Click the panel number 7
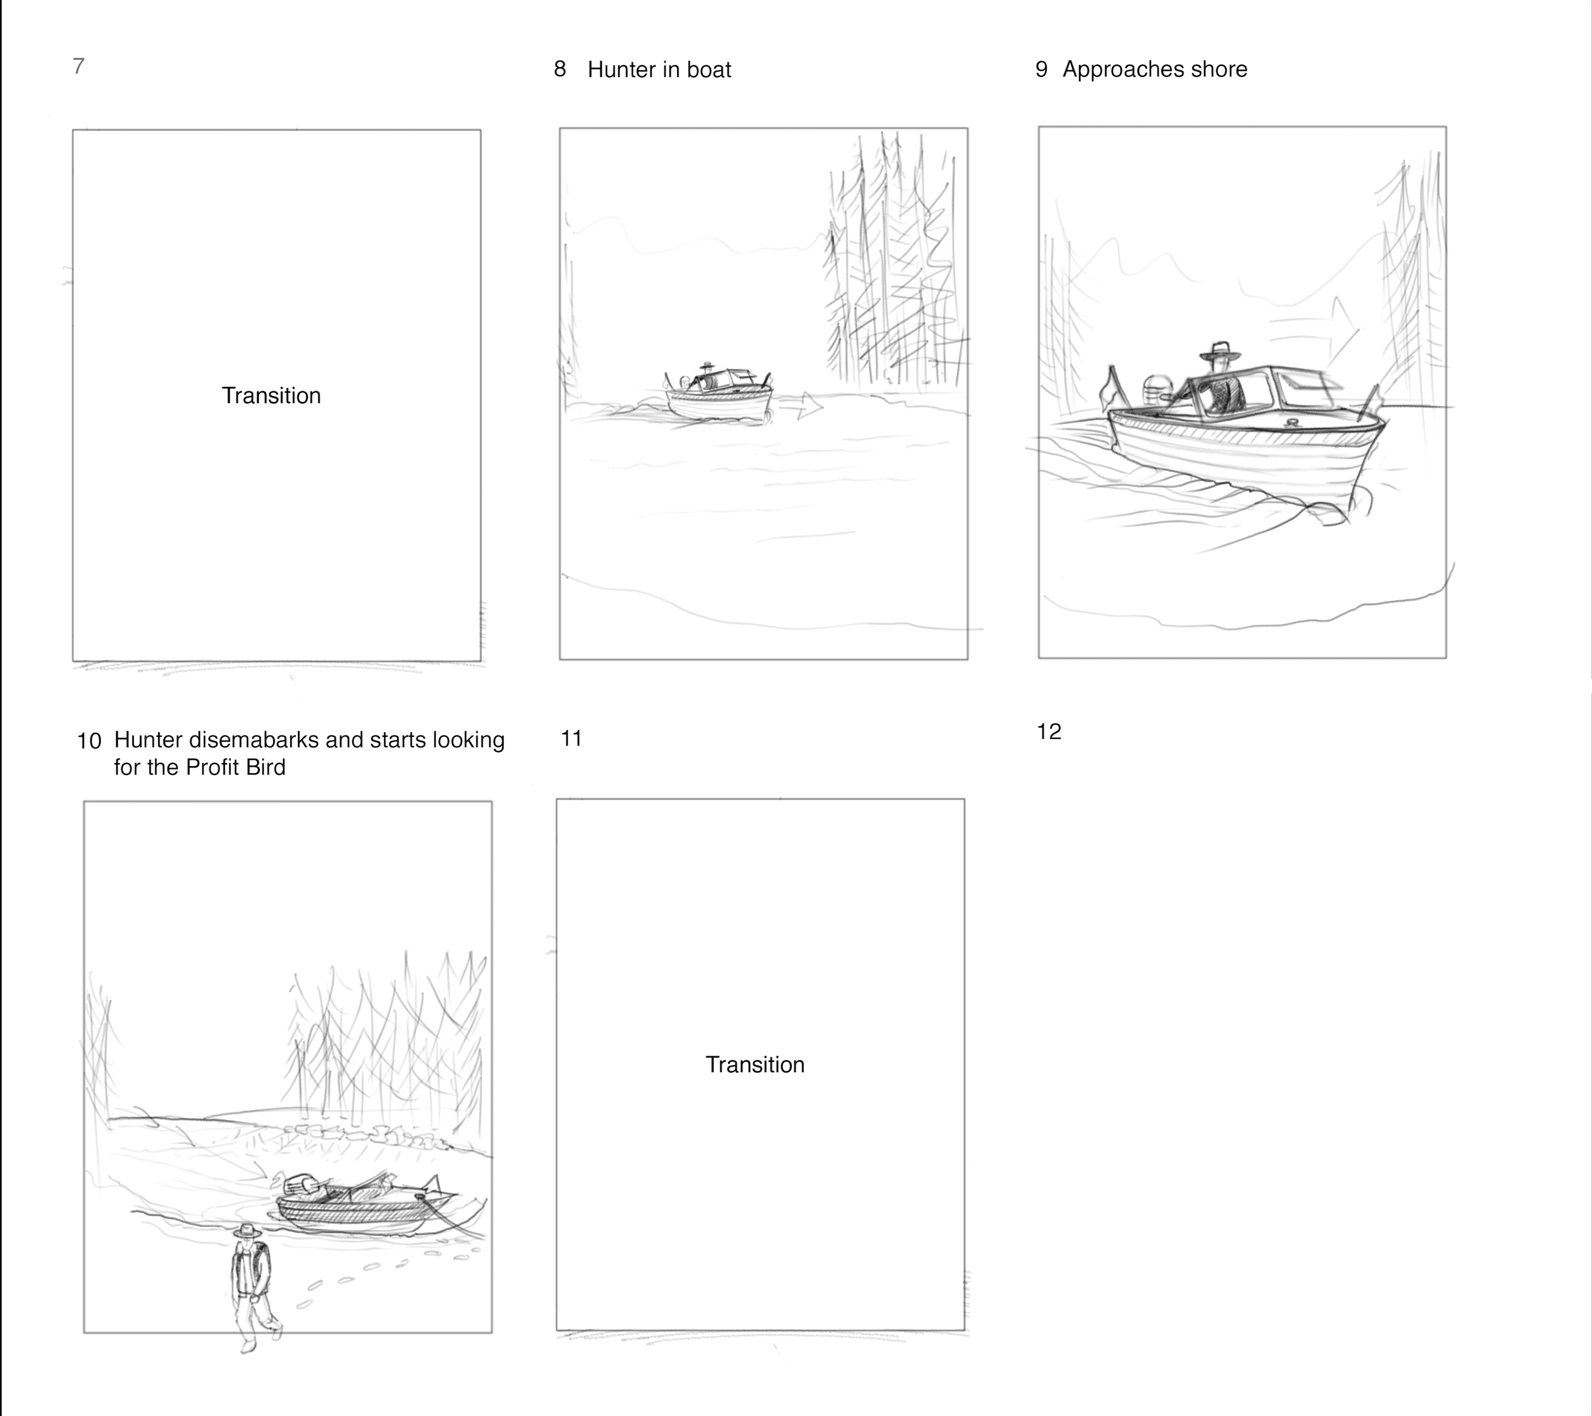(78, 66)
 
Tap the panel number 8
(560, 69)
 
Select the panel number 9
(1041, 69)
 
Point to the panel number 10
(89, 741)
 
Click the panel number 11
(572, 739)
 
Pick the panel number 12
(1049, 732)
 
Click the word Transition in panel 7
(271, 396)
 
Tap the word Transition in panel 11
(755, 1065)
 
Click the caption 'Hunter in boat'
(659, 69)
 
